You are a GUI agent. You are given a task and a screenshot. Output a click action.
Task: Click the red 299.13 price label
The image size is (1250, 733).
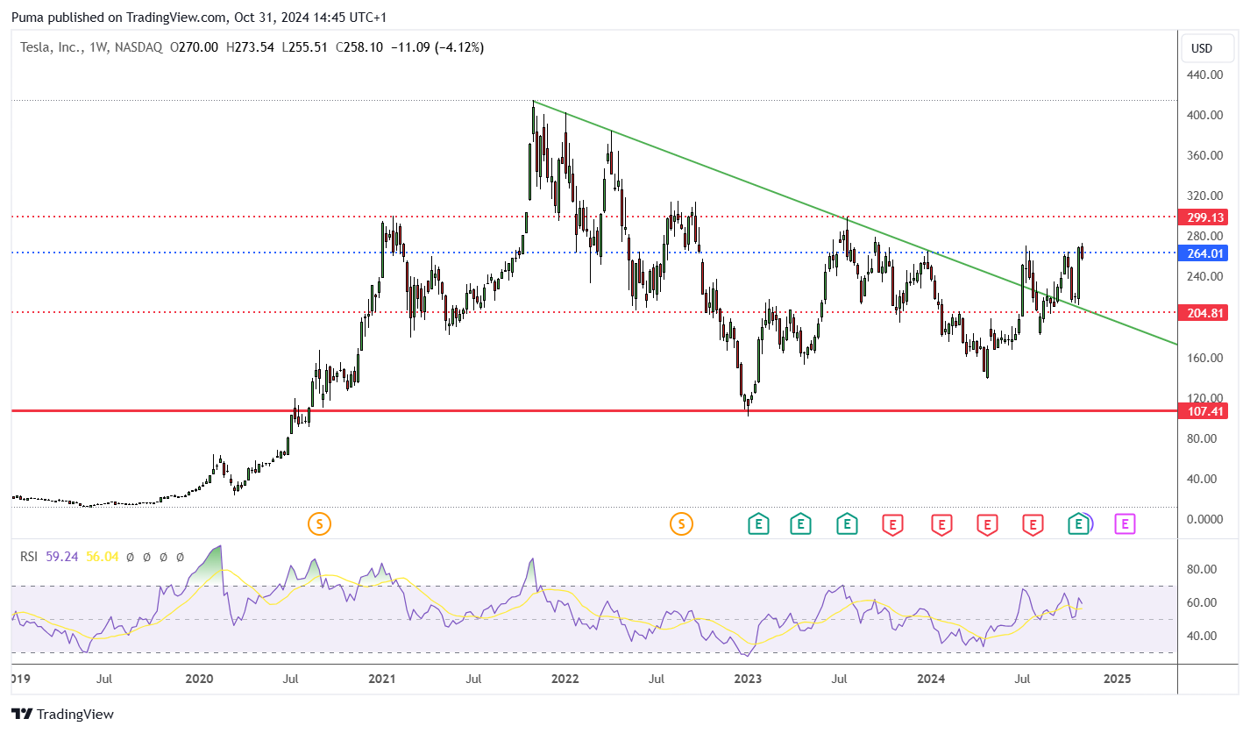pos(1203,217)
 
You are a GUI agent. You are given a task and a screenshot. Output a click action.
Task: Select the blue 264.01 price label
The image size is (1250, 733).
pos(1203,253)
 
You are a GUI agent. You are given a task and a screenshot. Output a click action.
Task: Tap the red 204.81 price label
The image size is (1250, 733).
pos(1203,313)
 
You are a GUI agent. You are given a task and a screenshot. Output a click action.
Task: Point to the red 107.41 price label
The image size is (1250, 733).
pos(1203,411)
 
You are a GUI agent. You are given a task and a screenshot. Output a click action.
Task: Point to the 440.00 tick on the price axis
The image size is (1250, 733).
pos(1204,75)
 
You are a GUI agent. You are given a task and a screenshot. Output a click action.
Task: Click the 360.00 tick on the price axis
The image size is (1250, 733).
pos(1204,155)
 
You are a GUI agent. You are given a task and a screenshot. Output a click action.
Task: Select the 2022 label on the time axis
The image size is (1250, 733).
pos(565,679)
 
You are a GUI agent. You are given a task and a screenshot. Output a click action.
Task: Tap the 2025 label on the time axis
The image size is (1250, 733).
pos(1117,679)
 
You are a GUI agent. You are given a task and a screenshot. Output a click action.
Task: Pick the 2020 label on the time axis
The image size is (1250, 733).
pos(199,679)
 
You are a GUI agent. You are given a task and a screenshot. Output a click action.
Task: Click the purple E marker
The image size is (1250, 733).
pos(1125,524)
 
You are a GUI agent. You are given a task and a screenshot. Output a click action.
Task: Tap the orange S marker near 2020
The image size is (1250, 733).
pos(319,524)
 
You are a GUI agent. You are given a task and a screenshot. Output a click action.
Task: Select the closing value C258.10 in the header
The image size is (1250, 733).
pos(359,47)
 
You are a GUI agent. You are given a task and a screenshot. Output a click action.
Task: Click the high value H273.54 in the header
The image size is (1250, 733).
pos(250,47)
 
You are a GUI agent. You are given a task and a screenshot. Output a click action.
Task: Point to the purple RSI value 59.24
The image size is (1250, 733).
pos(62,557)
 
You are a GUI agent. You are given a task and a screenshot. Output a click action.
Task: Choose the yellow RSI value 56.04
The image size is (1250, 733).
pos(102,557)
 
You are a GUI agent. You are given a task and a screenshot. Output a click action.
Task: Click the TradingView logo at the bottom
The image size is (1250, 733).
pos(62,714)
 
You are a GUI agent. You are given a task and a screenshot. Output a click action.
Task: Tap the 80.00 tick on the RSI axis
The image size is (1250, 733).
pos(1202,569)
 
